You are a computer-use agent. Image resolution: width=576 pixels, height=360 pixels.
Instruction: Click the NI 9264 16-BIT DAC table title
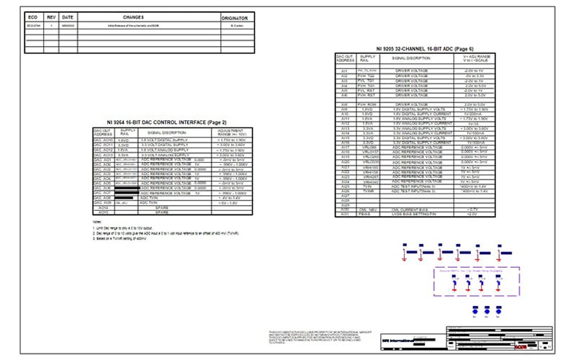tap(166, 122)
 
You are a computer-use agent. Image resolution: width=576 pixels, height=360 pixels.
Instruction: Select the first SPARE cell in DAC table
tap(161, 208)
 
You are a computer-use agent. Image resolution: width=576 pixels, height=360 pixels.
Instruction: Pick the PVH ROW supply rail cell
tap(368, 104)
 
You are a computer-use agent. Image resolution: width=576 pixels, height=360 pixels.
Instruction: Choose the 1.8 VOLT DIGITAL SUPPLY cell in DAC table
tap(166, 140)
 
